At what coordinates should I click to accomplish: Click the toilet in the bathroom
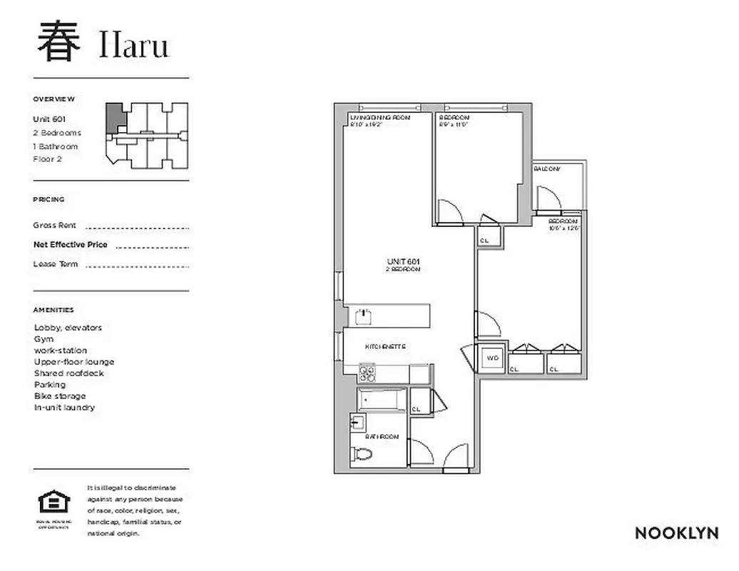362,453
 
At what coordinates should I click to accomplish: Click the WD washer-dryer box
493,357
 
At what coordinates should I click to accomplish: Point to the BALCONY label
547,169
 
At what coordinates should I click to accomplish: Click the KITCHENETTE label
385,346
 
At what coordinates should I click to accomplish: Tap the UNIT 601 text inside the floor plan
403,261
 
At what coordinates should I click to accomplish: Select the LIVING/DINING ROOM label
379,117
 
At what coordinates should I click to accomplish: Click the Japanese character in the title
56,42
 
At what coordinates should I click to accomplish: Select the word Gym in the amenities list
44,339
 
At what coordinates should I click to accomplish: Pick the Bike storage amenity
60,396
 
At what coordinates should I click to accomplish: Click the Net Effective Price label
70,245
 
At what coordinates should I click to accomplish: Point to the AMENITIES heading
53,310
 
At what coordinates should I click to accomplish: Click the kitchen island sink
365,313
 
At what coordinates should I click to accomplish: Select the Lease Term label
56,264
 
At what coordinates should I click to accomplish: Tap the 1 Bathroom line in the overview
56,146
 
